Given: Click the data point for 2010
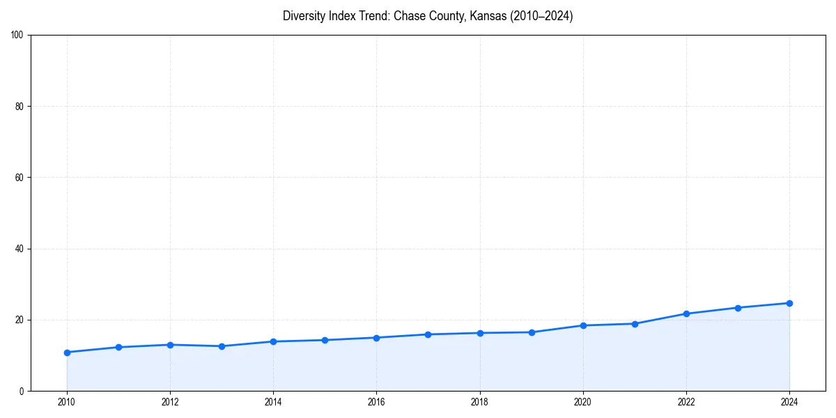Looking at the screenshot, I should tap(67, 353).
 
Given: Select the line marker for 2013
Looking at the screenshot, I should tap(222, 346).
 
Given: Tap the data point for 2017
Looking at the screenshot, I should tap(428, 334).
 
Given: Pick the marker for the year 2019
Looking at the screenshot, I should tap(532, 332).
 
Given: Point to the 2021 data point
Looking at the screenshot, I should tap(635, 324).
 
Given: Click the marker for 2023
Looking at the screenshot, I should tap(738, 308).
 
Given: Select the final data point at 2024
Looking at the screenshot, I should tap(789, 303).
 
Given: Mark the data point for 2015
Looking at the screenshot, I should tap(325, 340).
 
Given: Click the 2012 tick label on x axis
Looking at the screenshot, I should tap(170, 402).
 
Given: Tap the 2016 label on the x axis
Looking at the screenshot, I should tap(376, 402).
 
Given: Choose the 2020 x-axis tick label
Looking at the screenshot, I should tap(583, 402).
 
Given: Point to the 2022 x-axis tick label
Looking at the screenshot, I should tap(686, 402).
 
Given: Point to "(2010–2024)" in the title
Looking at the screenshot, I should tap(541, 16).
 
